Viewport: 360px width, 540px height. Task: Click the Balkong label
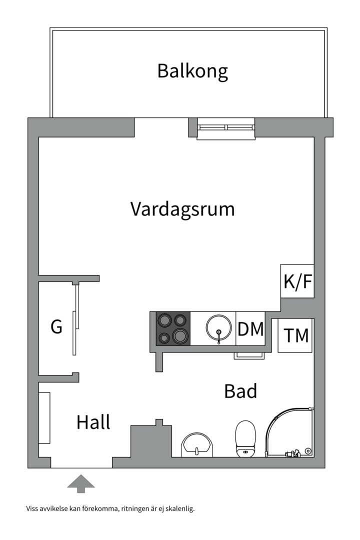pyautogui.click(x=192, y=71)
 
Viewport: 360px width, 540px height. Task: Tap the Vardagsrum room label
pyautogui.click(x=182, y=209)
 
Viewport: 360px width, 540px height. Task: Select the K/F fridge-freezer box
pyautogui.click(x=297, y=281)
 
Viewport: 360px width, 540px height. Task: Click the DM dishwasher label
pyautogui.click(x=250, y=329)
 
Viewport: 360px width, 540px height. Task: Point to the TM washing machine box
pyautogui.click(x=296, y=335)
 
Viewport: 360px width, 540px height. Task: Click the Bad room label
pyautogui.click(x=240, y=391)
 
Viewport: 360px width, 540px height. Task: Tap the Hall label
pyautogui.click(x=93, y=422)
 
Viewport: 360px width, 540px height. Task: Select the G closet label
pyautogui.click(x=56, y=327)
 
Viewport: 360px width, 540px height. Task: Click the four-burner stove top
pyautogui.click(x=173, y=328)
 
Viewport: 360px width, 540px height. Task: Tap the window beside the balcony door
pyautogui.click(x=226, y=128)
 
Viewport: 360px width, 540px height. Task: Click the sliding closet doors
pyautogui.click(x=75, y=320)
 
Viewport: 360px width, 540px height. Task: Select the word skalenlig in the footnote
pyautogui.click(x=178, y=509)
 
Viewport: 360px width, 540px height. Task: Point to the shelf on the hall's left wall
pyautogui.click(x=45, y=418)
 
